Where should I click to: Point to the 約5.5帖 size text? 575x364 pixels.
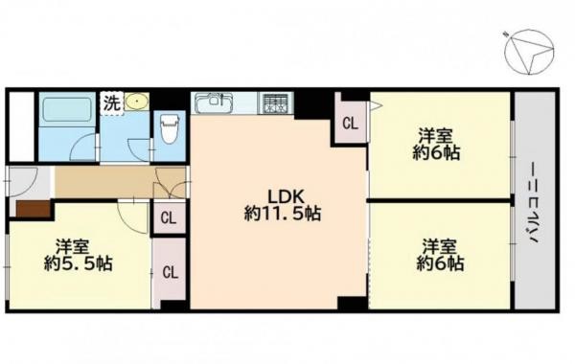point(79,262)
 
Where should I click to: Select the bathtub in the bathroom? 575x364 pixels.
point(66,109)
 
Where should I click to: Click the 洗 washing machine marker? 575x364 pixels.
point(111,100)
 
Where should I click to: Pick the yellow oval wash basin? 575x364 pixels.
point(138,101)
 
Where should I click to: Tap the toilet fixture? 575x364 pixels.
point(171,125)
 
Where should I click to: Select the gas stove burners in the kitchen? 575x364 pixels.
point(275,102)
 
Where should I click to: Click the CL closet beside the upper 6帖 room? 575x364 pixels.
point(350,123)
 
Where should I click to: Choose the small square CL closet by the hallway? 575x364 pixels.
point(169,217)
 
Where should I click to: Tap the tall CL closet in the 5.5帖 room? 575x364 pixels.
point(170,271)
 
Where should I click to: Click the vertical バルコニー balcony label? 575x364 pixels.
point(533,204)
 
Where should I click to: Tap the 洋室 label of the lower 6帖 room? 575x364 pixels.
point(441,244)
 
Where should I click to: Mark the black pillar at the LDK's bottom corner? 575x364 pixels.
point(352,304)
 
